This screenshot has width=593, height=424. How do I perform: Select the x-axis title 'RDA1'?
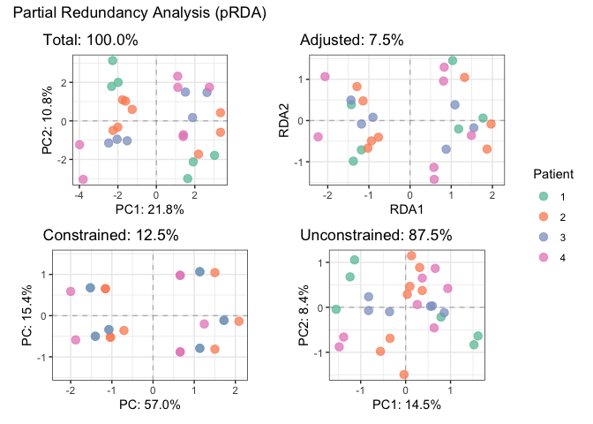click(x=409, y=208)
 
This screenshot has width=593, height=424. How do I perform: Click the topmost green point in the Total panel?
click(x=113, y=61)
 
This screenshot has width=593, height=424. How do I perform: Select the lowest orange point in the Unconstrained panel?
click(x=404, y=375)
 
